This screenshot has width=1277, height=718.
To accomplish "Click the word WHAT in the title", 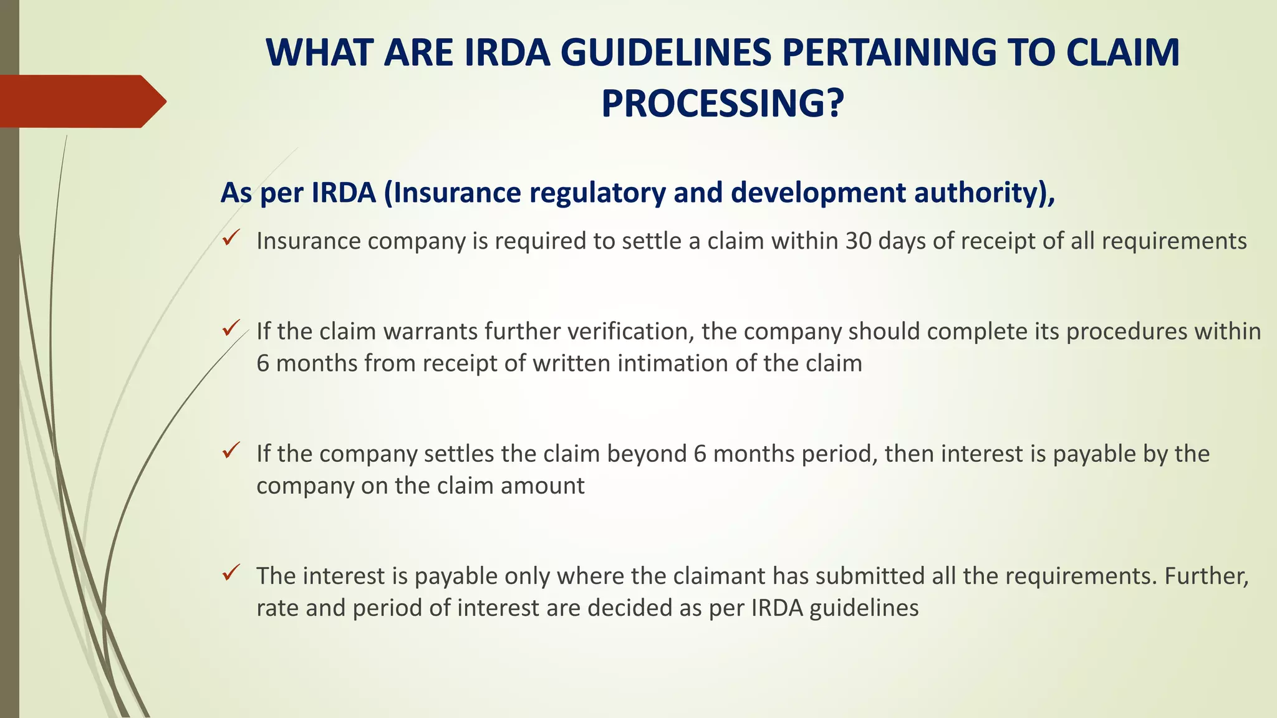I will click(x=319, y=52).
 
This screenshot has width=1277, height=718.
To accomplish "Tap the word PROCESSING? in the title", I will click(x=723, y=103).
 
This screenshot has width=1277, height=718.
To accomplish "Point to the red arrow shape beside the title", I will click(x=81, y=101).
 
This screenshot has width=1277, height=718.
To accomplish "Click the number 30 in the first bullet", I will click(x=858, y=241).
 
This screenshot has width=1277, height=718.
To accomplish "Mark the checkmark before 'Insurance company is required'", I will click(x=231, y=237).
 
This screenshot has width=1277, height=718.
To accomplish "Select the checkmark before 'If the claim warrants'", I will click(x=231, y=327).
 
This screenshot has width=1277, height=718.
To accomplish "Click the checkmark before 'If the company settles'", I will click(x=231, y=449).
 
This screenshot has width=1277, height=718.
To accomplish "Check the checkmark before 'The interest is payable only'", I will click(x=231, y=572).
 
